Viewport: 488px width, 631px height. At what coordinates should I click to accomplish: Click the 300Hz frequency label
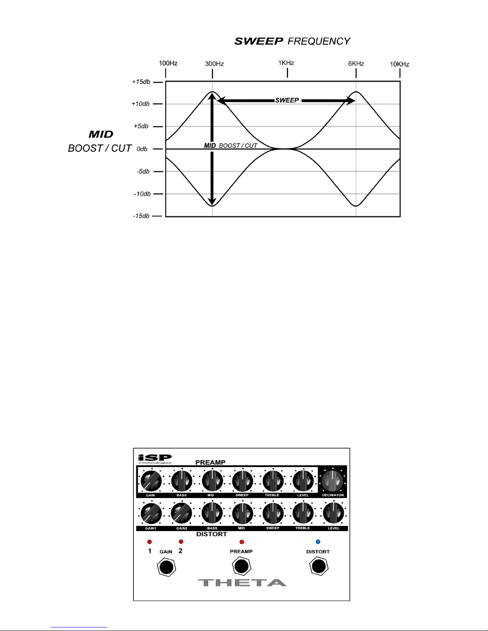tap(214, 64)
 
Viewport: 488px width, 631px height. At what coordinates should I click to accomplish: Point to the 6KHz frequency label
tap(356, 64)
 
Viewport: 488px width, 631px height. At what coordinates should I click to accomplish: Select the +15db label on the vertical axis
tap(141, 82)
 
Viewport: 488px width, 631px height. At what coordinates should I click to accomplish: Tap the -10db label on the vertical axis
tap(142, 194)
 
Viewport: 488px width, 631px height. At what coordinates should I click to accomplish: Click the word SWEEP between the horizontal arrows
tap(287, 100)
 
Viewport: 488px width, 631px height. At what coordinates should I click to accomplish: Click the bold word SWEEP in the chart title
tap(259, 41)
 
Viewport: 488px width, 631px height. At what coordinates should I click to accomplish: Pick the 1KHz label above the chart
tap(286, 63)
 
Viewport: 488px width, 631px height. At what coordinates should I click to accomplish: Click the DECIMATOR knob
tap(333, 481)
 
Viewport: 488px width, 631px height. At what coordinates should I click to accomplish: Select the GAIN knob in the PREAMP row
tap(151, 481)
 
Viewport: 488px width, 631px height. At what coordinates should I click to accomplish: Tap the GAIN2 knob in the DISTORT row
tap(182, 514)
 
